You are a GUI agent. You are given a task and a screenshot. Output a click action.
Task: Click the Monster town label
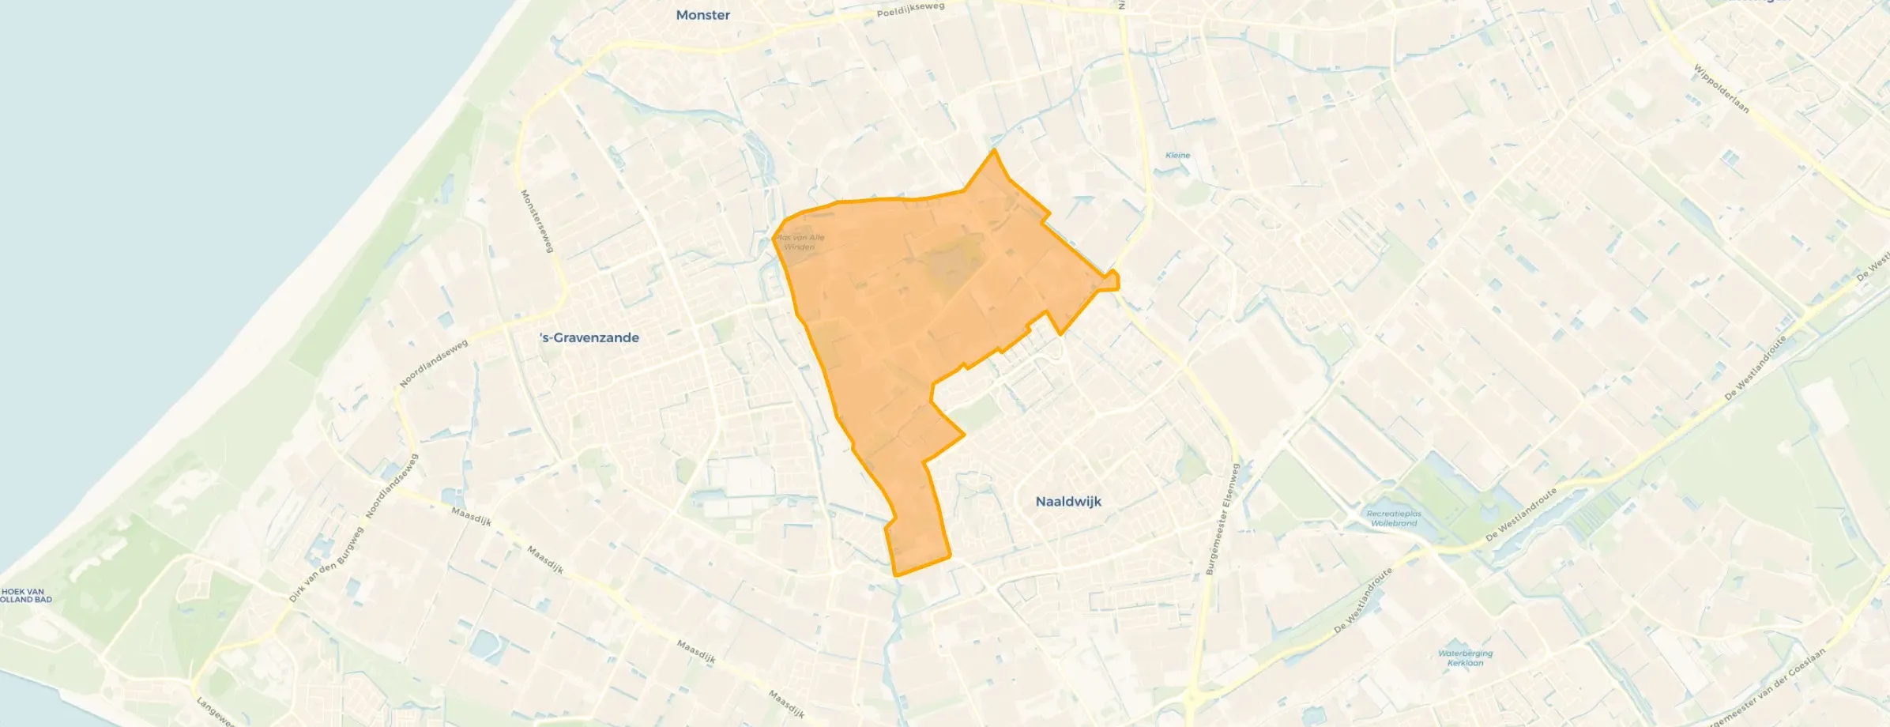point(702,15)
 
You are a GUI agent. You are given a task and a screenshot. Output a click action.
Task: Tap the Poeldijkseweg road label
point(911,9)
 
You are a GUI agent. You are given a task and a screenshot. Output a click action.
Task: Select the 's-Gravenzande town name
point(589,337)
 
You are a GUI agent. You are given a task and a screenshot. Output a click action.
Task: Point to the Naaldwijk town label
point(1068,501)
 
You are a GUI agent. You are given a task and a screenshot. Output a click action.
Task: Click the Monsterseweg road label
point(536,221)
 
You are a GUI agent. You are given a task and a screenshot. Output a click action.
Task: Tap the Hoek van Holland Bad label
point(24,595)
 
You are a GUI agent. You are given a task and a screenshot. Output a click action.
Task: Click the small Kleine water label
point(1177,155)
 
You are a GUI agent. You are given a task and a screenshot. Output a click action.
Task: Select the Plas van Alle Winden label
point(800,242)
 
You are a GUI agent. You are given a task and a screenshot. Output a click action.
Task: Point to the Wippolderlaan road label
point(1722,88)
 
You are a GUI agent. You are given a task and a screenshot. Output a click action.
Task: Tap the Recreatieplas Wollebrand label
point(1394,518)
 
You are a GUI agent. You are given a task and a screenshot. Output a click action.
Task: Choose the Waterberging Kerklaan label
point(1465,658)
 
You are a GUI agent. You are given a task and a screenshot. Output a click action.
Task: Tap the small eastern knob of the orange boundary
point(1113,280)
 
